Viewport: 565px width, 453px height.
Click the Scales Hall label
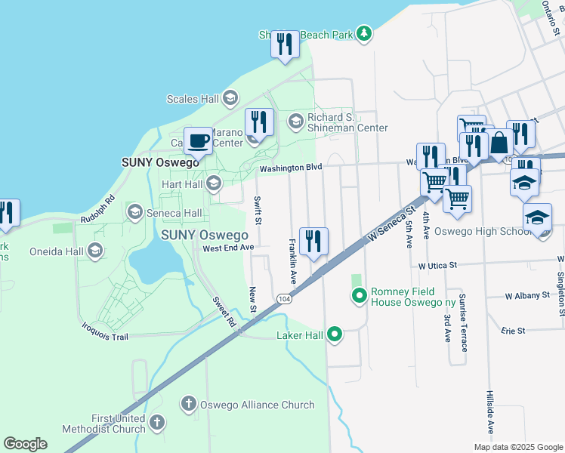point(193,99)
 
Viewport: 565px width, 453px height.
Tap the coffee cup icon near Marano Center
point(198,141)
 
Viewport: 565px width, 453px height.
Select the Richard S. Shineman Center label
point(347,122)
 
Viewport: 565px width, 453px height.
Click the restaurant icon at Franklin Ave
point(313,242)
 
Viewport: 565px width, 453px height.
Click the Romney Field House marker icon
point(360,295)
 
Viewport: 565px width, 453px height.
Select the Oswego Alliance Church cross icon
point(189,404)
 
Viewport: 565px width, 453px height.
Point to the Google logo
point(25,444)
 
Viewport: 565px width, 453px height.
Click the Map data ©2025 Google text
point(517,447)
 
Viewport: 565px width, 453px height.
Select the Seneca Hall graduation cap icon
point(135,211)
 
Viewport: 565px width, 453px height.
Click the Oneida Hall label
point(57,251)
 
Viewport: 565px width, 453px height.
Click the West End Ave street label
point(227,248)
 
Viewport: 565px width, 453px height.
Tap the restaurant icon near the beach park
point(285,44)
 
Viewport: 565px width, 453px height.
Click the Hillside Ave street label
point(490,411)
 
